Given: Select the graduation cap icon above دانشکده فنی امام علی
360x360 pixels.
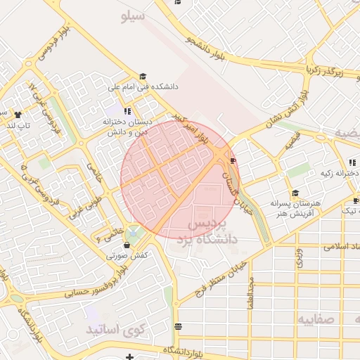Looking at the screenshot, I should tap(143, 76).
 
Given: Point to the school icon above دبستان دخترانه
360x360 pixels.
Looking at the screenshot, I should tap(127, 110).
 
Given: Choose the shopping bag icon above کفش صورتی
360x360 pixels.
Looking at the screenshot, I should tap(127, 245).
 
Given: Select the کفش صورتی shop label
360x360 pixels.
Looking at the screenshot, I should tap(127, 256).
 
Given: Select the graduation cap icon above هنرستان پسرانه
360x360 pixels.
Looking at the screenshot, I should tap(295, 193).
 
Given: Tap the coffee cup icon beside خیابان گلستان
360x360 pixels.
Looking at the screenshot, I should tap(233, 161).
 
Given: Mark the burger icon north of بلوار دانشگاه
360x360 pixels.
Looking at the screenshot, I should tap(178, 326).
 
